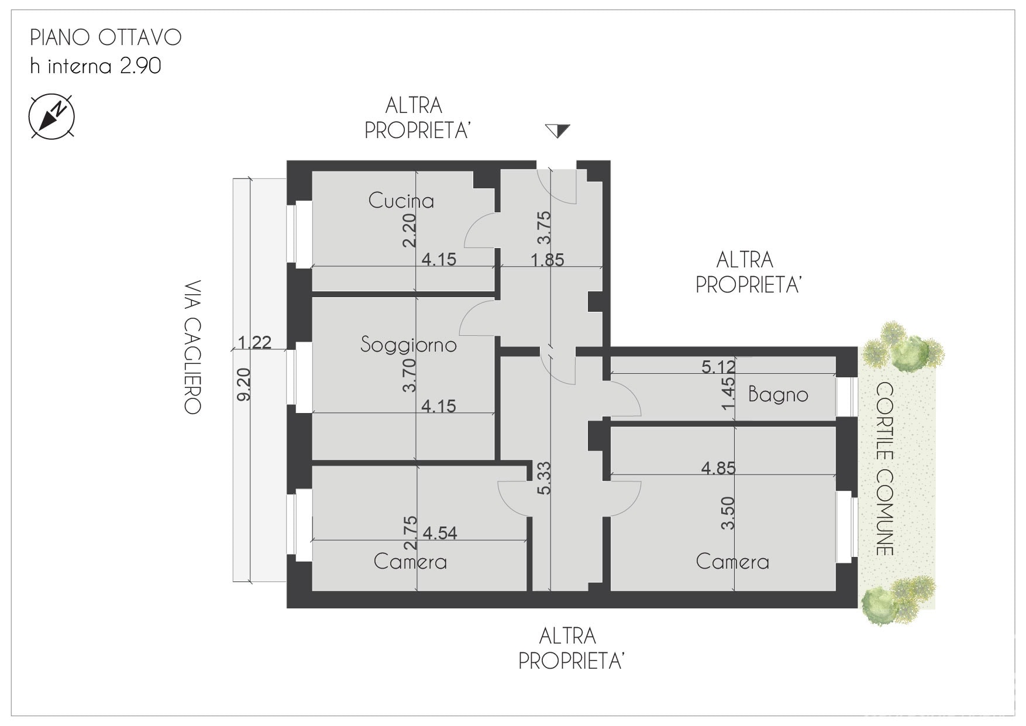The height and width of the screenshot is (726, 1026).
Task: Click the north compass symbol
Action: pyautogui.click(x=51, y=116)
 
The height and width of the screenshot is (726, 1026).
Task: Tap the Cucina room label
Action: pyautogui.click(x=401, y=201)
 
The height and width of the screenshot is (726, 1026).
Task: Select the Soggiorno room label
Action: pyautogui.click(x=408, y=345)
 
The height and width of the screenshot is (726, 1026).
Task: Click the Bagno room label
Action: pyautogui.click(x=778, y=395)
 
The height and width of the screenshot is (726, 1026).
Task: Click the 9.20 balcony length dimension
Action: pyautogui.click(x=245, y=384)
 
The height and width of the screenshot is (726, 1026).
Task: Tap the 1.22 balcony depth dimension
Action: pyautogui.click(x=255, y=342)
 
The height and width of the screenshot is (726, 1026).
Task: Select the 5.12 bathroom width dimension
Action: pyautogui.click(x=718, y=367)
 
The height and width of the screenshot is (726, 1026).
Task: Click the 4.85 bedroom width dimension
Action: pyautogui.click(x=718, y=468)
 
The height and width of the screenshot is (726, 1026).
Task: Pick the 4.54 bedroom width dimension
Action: pyautogui.click(x=440, y=533)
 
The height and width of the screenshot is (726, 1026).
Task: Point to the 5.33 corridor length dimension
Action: pyautogui.click(x=544, y=479)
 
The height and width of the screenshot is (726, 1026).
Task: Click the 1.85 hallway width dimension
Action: pyautogui.click(x=548, y=259)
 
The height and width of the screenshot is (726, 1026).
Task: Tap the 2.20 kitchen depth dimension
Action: pyautogui.click(x=409, y=230)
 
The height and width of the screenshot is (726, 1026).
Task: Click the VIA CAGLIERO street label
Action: pyautogui.click(x=193, y=347)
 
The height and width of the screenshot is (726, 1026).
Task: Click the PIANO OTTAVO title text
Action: pyautogui.click(x=106, y=37)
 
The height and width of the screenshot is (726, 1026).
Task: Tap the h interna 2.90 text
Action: pyautogui.click(x=95, y=66)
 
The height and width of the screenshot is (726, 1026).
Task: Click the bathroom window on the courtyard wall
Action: pyautogui.click(x=846, y=397)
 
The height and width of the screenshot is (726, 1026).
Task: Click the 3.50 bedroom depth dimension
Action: pyautogui.click(x=728, y=513)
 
